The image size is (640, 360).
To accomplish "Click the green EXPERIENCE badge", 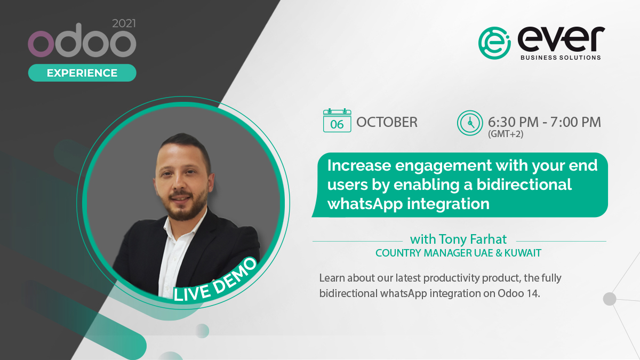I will (82, 73).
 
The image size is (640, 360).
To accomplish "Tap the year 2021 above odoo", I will (124, 24).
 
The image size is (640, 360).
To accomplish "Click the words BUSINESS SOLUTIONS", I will (560, 57).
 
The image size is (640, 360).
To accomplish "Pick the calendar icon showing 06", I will (337, 121).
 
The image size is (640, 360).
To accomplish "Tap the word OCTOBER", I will (387, 122).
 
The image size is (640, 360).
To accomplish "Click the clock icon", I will (470, 123).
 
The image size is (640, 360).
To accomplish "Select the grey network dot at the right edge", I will (610, 299).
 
